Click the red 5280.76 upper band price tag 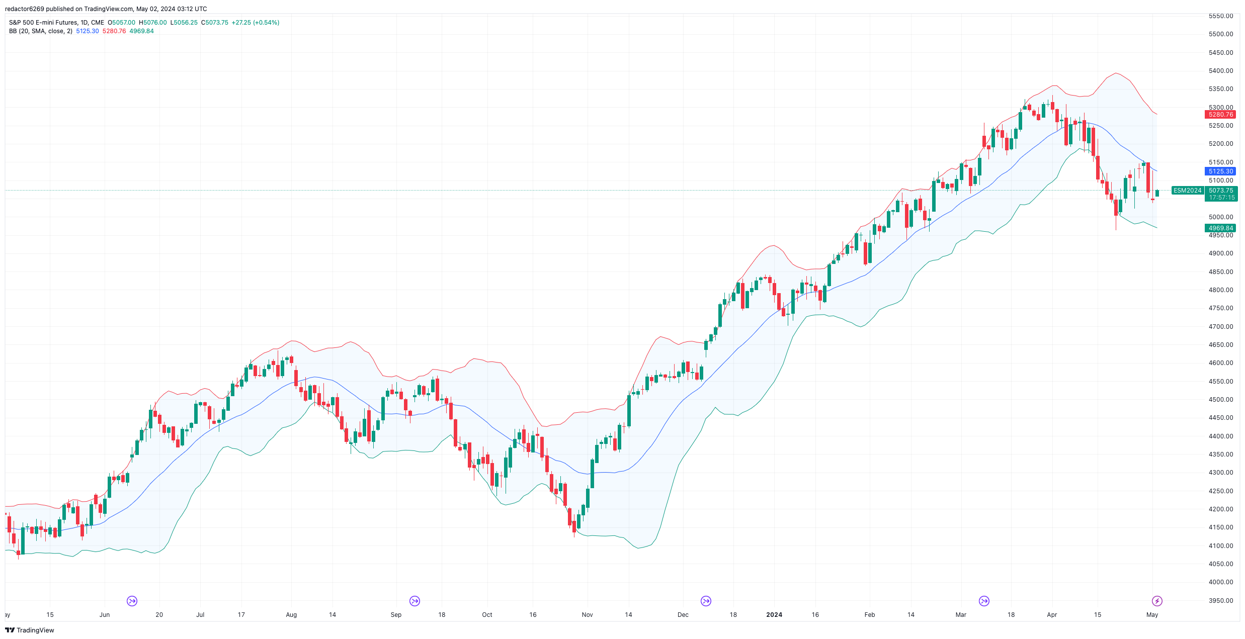[1221, 115]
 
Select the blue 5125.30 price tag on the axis [1221, 171]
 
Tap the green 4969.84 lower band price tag [1221, 228]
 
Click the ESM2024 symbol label [1187, 191]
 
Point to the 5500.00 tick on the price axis [1221, 34]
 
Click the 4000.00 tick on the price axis [1221, 582]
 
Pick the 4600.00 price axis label [1221, 363]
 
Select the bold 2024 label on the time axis [774, 615]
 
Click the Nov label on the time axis [587, 615]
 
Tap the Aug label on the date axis [291, 615]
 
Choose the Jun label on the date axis [105, 615]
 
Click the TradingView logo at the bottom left [30, 630]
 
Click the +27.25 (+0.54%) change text [255, 23]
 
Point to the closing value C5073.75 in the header [215, 23]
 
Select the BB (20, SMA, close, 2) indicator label [41, 31]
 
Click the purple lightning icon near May [1157, 601]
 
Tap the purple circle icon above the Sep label [414, 601]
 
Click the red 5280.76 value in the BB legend [114, 31]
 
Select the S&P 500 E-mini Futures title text [43, 23]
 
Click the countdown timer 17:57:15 [1221, 198]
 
